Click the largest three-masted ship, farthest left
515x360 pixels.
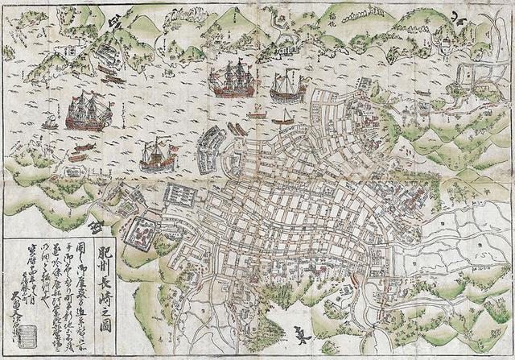[88, 110]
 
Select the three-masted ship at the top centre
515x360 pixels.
[233, 79]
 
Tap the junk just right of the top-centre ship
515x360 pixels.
[287, 85]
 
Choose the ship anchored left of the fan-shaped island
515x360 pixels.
[157, 154]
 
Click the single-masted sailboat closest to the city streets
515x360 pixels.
[283, 118]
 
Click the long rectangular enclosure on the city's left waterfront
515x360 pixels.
[181, 196]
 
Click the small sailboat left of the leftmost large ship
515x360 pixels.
[50, 122]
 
